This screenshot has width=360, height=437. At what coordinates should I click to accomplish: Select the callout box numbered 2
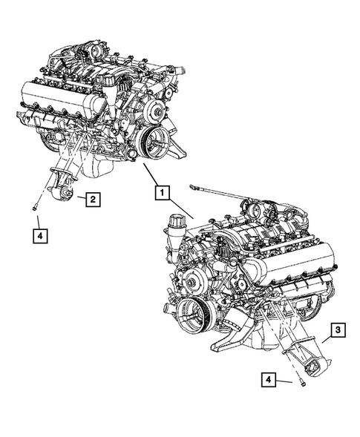pyautogui.click(x=92, y=199)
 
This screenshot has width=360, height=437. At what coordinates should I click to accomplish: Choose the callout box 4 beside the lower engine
pyautogui.click(x=269, y=381)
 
